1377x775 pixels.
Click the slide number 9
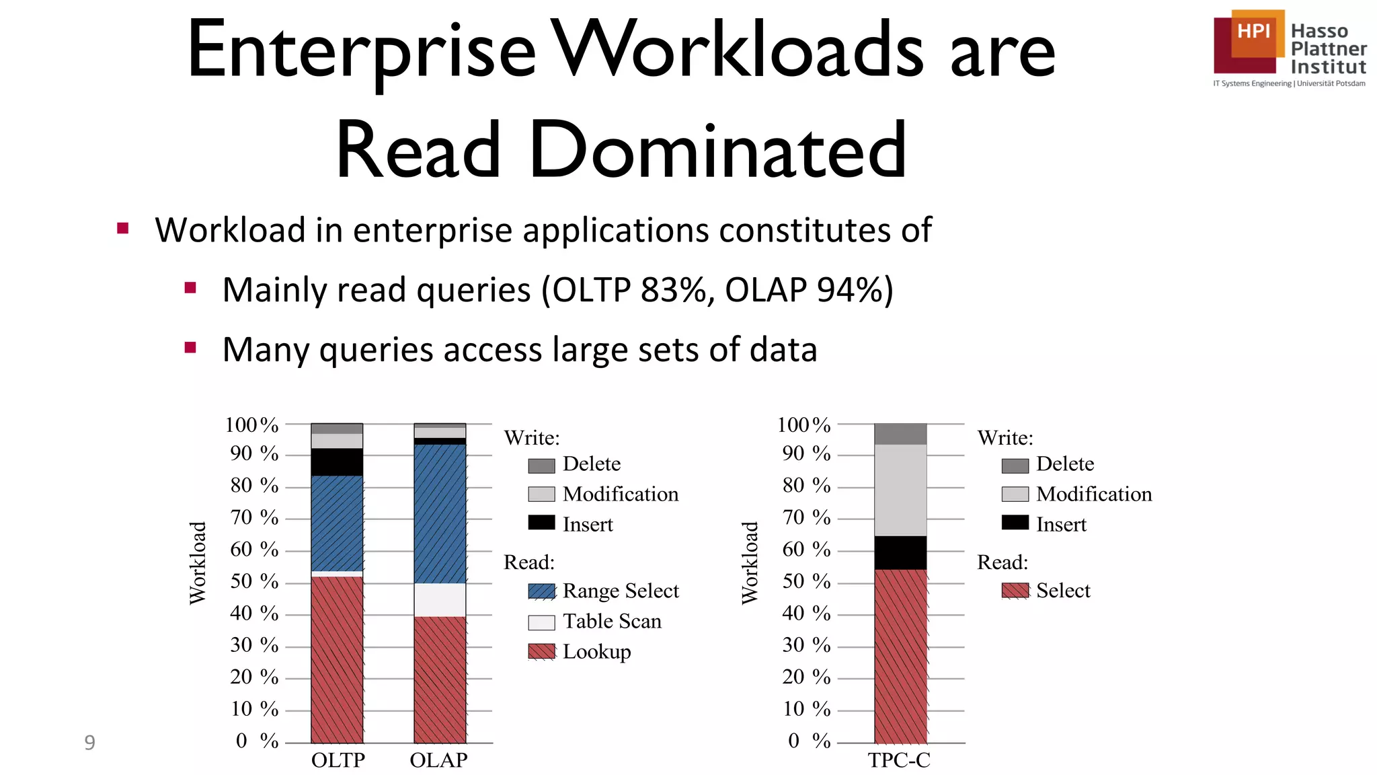[x=89, y=743]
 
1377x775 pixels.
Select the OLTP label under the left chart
[x=338, y=760]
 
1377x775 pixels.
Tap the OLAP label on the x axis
[x=438, y=760]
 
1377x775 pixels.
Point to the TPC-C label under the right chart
[x=899, y=760]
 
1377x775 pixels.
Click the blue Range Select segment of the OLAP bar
[x=440, y=514]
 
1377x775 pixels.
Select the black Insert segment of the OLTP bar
[x=337, y=462]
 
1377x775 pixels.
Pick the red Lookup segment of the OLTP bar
[x=337, y=659]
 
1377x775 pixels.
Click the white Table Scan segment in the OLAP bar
[x=440, y=599]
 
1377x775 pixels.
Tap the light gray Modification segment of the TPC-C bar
[x=900, y=490]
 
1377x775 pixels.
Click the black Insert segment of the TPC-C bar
[x=900, y=552]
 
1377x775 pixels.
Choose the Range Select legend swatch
[x=541, y=591]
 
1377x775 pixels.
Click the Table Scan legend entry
[x=611, y=622]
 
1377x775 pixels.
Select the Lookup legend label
[x=596, y=652]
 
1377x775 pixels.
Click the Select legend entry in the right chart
[x=1062, y=591]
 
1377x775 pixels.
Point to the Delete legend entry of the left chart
[x=591, y=464]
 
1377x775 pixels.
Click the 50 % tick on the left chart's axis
[x=254, y=581]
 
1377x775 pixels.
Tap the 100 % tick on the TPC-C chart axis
[x=803, y=425]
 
